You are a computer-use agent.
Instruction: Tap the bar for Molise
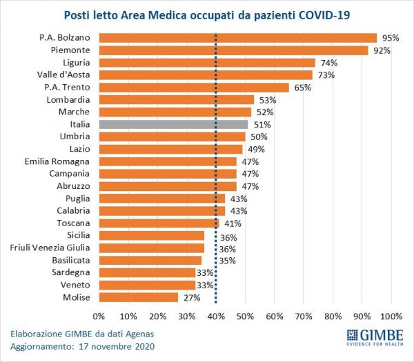point(138,297)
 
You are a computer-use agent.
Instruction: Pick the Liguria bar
point(207,63)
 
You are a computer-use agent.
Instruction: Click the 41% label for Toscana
point(232,223)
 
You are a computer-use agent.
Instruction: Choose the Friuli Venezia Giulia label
point(52,248)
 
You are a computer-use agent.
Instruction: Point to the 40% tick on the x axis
point(216,316)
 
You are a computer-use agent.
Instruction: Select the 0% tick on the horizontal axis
point(99,316)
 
